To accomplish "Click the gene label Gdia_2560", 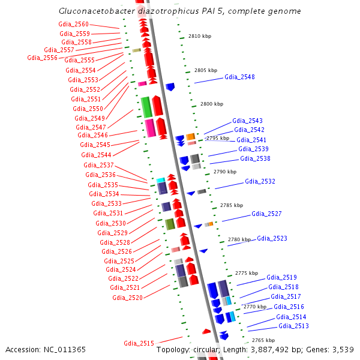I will (73, 24).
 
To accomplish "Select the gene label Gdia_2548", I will (239, 77).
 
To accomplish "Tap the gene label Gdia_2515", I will (139, 343).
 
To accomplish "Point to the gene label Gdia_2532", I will (260, 181).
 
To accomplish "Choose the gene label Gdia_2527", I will (266, 214).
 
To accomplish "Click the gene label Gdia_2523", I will (272, 238).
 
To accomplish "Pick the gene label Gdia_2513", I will (293, 326).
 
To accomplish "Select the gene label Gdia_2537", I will (98, 165).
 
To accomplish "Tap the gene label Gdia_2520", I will (127, 298).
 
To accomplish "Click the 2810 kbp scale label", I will (200, 36).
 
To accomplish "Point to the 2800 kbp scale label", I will (211, 104).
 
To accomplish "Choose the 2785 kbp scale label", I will (231, 205).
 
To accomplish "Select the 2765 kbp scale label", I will (263, 340).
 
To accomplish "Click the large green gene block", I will (146, 107).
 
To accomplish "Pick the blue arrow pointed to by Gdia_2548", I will (170, 87).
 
